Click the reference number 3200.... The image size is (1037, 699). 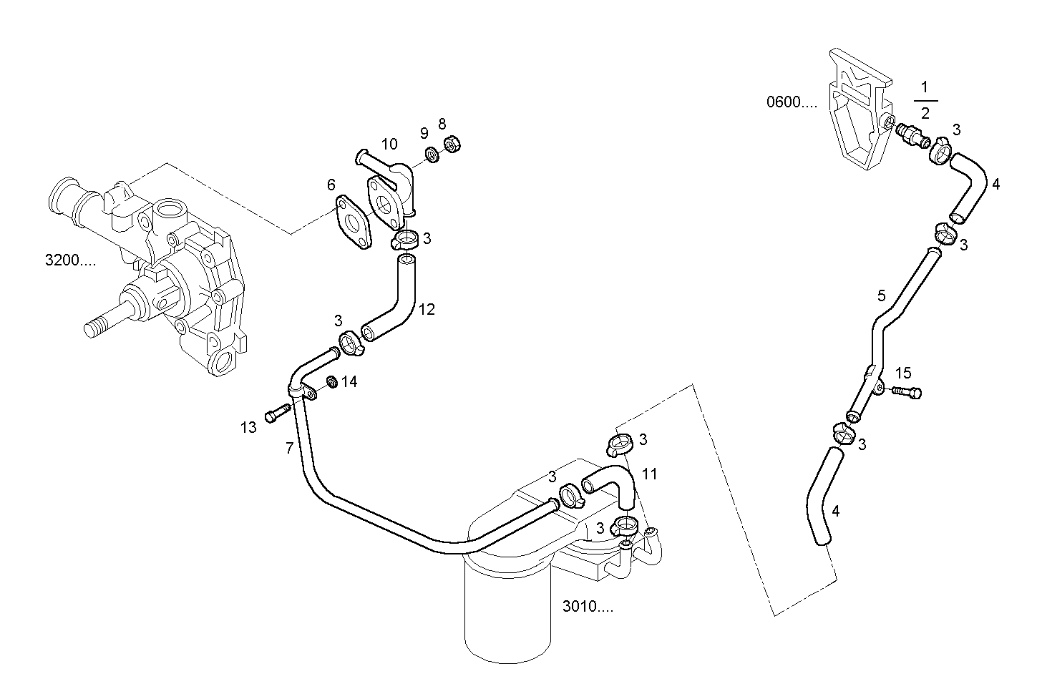69,260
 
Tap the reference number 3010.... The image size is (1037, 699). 587,607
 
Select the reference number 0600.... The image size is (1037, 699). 791,102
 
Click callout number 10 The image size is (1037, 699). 389,145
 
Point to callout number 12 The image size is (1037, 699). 427,310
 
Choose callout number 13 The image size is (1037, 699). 248,428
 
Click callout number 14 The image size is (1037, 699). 349,382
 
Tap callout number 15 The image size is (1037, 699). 903,373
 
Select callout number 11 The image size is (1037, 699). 649,474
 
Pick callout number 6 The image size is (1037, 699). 331,185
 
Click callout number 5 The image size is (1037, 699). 881,295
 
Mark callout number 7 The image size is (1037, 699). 289,449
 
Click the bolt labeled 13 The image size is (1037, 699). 276,413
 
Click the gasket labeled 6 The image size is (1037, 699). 353,222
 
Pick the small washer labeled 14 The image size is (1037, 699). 332,381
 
